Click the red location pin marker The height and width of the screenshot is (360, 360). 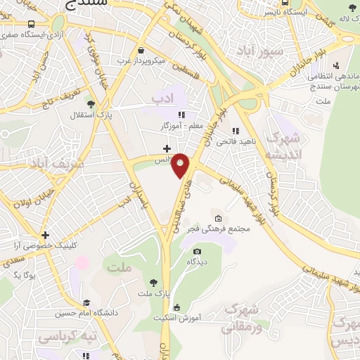click(x=181, y=165)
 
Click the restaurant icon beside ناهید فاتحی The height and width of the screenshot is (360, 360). click(x=236, y=130)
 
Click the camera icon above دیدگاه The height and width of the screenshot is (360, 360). click(x=197, y=251)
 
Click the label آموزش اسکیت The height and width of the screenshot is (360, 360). click(x=205, y=318)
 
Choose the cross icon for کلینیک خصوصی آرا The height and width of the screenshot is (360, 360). click(x=45, y=235)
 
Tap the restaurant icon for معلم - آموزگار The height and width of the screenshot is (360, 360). click(x=181, y=115)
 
